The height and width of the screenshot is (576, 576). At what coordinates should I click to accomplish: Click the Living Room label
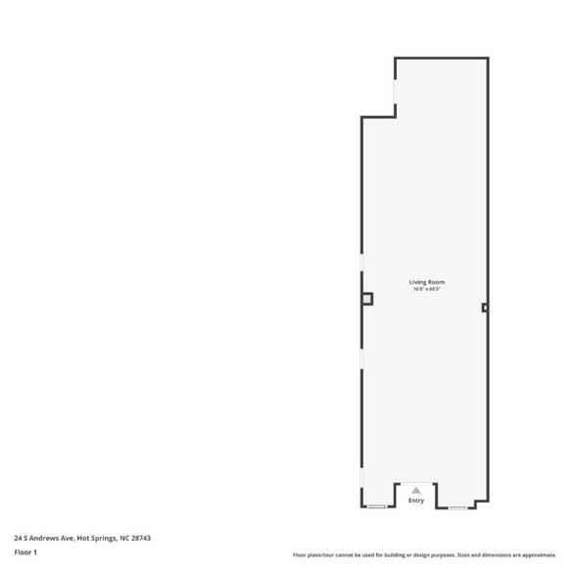click(x=427, y=282)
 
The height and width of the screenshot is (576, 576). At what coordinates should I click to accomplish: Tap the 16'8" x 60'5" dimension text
click(x=427, y=289)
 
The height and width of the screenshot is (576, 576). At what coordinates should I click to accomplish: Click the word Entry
click(x=416, y=501)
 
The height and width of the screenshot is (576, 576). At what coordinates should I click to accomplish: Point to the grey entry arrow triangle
click(x=416, y=490)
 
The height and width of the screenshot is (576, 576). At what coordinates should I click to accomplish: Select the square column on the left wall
click(x=367, y=299)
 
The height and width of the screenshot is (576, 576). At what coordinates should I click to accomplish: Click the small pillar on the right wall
click(x=485, y=308)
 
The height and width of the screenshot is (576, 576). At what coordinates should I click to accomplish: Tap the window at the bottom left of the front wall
click(x=376, y=506)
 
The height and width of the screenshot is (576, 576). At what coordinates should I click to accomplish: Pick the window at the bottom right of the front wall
click(x=456, y=506)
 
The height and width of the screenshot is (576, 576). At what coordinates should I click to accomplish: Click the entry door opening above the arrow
click(x=416, y=483)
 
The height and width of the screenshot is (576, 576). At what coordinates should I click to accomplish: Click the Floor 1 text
click(x=25, y=552)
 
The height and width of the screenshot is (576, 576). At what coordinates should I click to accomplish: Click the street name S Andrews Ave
click(x=49, y=538)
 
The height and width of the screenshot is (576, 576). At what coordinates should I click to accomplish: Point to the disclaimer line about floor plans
click(x=424, y=554)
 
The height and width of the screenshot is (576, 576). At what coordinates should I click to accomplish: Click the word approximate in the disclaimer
click(x=537, y=554)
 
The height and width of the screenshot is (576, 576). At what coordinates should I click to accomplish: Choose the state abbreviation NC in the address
click(x=124, y=538)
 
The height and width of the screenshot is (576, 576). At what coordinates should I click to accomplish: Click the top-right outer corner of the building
click(x=487, y=59)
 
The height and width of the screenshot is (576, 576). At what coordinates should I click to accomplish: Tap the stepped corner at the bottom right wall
click(x=476, y=502)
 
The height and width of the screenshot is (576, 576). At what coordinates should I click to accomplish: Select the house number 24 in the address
click(x=18, y=538)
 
